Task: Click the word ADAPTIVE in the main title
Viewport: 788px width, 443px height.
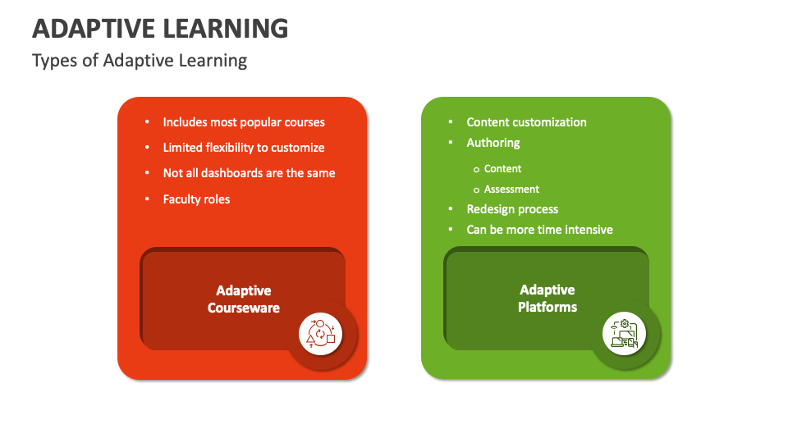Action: click(92, 28)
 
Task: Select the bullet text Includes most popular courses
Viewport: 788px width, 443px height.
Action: click(244, 122)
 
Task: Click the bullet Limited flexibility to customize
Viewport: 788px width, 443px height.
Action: click(244, 148)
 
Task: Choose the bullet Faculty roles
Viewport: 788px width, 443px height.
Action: click(196, 199)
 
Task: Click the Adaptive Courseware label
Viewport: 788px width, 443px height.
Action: click(244, 299)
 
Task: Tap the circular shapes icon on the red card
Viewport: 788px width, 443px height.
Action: click(320, 333)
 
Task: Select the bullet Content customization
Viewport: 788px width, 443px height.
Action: click(526, 122)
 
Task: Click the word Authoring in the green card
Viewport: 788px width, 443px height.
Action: click(493, 143)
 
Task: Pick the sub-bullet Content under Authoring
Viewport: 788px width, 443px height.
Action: click(502, 168)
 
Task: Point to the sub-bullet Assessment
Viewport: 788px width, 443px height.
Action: click(511, 189)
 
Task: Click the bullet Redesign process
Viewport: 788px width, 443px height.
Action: click(512, 209)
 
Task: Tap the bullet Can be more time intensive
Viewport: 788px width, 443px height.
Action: click(539, 230)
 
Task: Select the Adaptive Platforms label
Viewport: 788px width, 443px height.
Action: click(547, 299)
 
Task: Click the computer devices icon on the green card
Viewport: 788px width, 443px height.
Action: click(624, 333)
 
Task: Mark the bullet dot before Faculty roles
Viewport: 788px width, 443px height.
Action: click(147, 199)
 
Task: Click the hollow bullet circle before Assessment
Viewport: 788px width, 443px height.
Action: click(476, 190)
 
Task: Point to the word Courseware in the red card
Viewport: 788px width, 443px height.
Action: click(244, 308)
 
